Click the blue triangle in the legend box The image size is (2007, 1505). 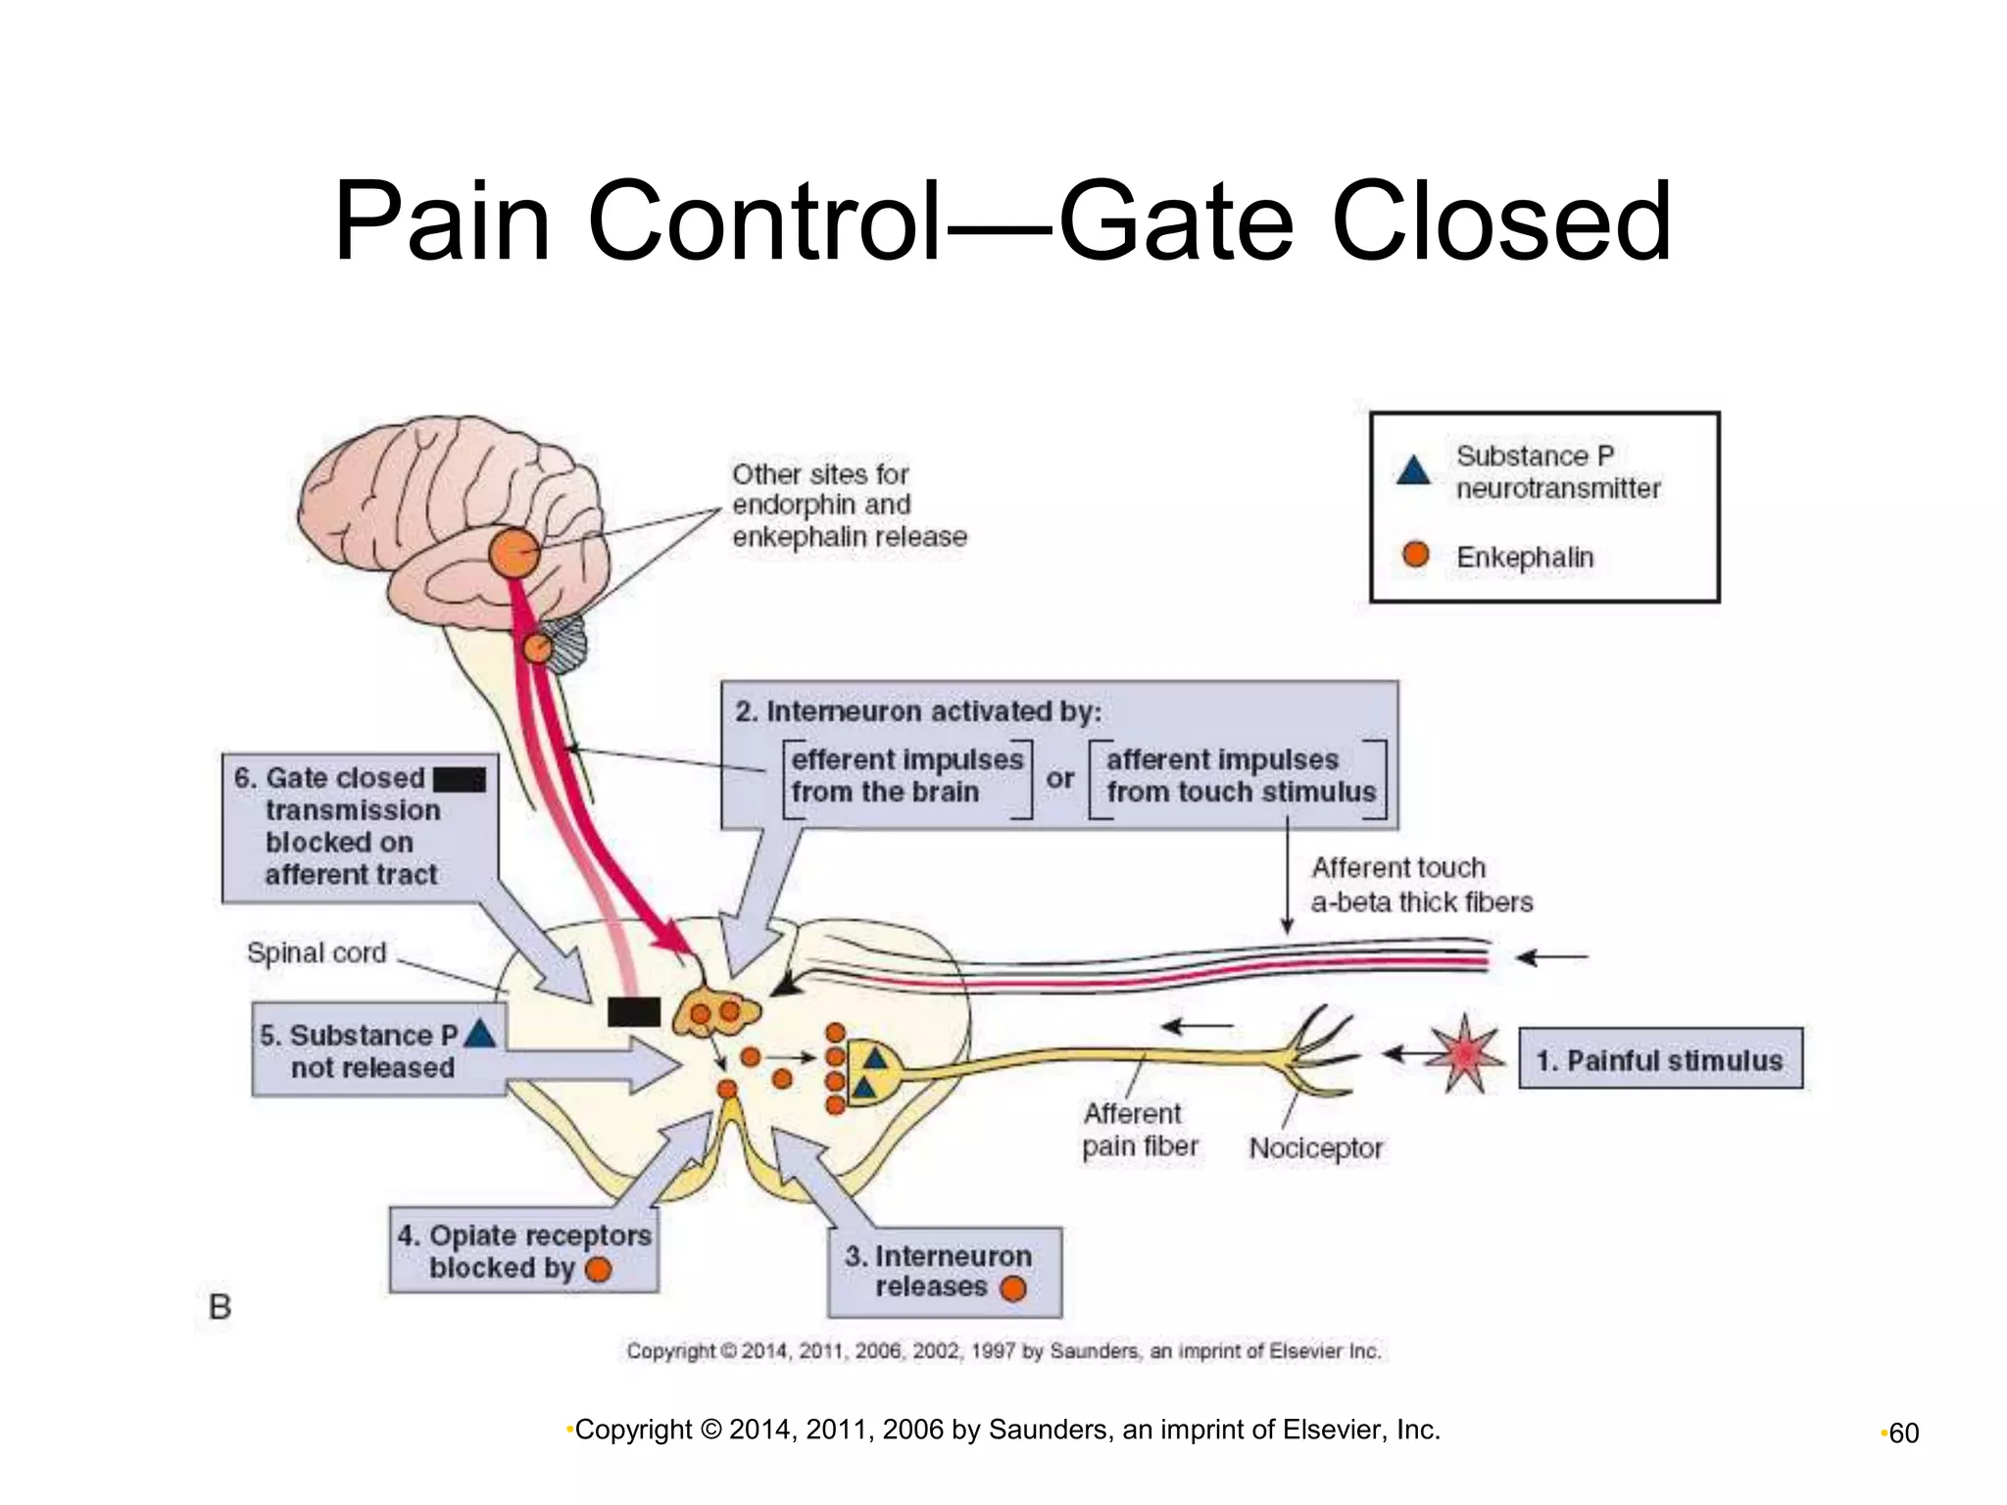click(1413, 471)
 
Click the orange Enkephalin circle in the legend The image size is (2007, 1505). click(1415, 555)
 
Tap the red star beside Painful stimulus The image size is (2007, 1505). click(1464, 1054)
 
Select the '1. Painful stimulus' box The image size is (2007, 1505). click(1660, 1059)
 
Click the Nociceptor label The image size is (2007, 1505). click(1315, 1147)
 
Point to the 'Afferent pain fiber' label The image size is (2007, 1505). click(1139, 1130)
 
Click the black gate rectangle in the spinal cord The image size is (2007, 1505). click(634, 1011)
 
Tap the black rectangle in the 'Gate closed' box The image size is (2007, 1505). click(460, 779)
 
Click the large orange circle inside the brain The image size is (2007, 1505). click(514, 554)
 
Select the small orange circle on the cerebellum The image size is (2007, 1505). click(537, 648)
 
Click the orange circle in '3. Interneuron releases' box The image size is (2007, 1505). click(1013, 1288)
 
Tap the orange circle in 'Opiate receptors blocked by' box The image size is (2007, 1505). click(598, 1270)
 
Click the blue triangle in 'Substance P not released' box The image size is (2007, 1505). click(479, 1034)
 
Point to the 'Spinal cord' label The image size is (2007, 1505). click(317, 952)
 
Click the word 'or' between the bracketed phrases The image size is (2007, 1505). click(1059, 779)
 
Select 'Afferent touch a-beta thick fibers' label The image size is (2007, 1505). click(1421, 885)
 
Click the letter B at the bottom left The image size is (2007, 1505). click(220, 1306)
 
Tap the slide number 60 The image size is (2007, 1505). click(1903, 1433)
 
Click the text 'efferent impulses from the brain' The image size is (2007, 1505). click(906, 776)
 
